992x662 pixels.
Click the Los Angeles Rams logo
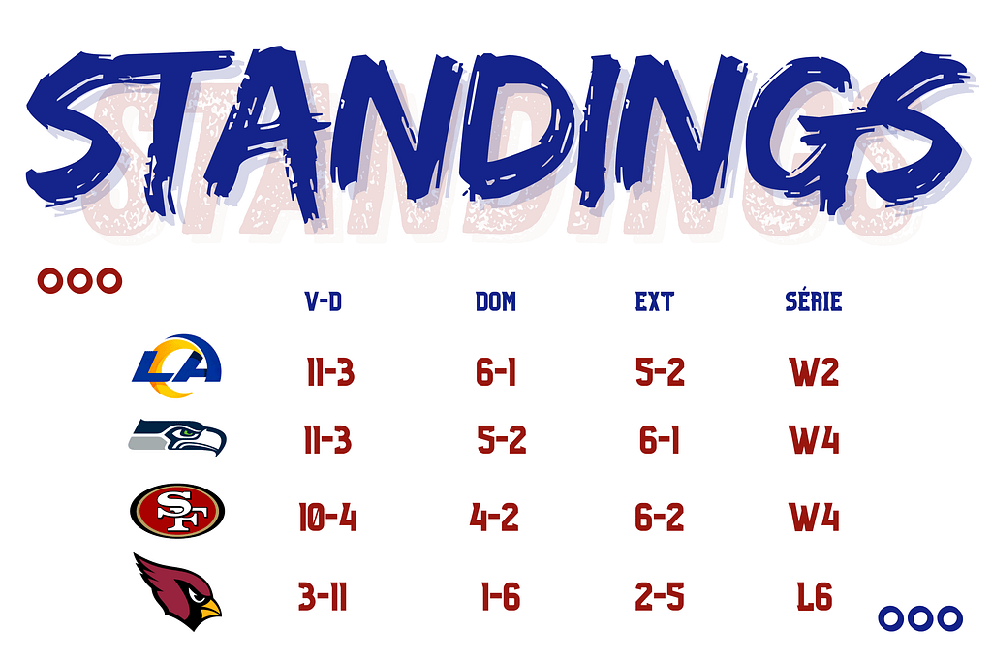point(177,366)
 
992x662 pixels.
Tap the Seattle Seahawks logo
point(177,437)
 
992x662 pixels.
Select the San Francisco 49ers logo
point(177,511)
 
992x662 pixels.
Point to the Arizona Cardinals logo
point(177,592)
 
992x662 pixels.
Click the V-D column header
point(324,301)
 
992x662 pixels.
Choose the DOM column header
point(496,301)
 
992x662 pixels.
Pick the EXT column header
point(655,301)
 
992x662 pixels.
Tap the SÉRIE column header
point(814,300)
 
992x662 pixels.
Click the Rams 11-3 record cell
point(330,372)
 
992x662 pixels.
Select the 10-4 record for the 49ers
point(327,517)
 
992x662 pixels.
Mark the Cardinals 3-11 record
point(323,597)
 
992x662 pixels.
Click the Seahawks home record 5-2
point(502,440)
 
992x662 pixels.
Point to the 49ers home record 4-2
point(494,517)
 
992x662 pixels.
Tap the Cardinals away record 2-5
point(660,597)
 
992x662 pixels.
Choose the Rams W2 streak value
point(814,372)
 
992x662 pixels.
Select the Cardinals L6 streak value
point(815,597)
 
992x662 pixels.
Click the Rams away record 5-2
point(661,372)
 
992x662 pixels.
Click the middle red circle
point(79,281)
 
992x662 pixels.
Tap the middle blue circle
point(920,618)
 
